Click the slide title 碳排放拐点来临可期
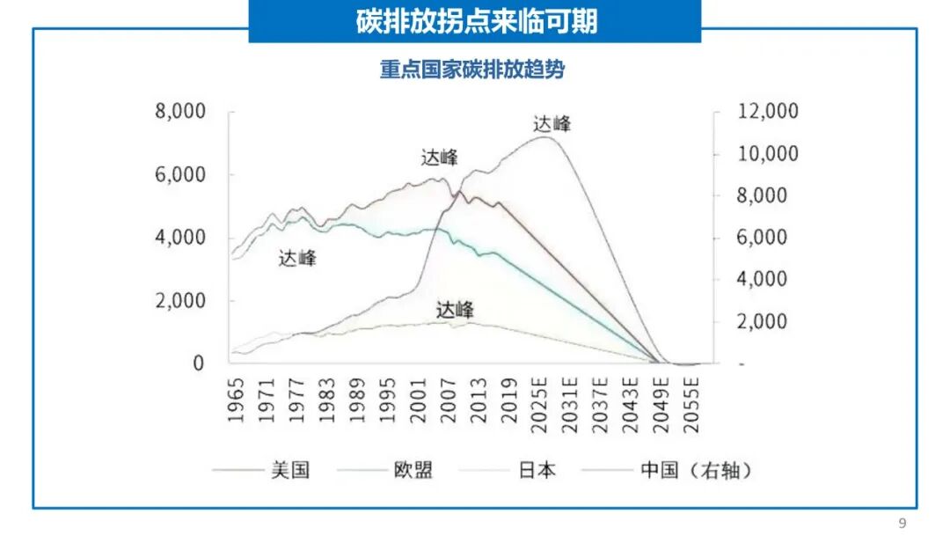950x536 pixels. pyautogui.click(x=476, y=21)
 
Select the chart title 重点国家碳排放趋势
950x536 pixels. pyautogui.click(x=472, y=70)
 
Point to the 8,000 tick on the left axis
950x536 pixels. pyautogui.click(x=180, y=111)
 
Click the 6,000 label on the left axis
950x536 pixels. pyautogui.click(x=180, y=174)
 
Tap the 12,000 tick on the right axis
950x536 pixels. pyautogui.click(x=767, y=111)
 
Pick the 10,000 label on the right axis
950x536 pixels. pyautogui.click(x=767, y=153)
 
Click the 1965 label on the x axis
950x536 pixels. pyautogui.click(x=236, y=400)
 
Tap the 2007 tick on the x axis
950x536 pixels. pyautogui.click(x=448, y=400)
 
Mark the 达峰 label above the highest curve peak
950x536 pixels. pyautogui.click(x=552, y=124)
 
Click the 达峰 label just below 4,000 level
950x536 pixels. pyautogui.click(x=297, y=259)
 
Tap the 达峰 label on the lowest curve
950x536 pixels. pyautogui.click(x=455, y=310)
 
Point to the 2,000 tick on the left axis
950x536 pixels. pyautogui.click(x=180, y=300)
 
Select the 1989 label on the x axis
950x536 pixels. pyautogui.click(x=357, y=400)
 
